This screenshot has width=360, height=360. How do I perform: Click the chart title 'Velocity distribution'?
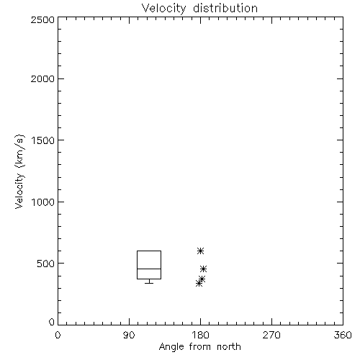coord(199,9)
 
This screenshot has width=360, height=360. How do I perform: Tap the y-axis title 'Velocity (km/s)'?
coord(19,171)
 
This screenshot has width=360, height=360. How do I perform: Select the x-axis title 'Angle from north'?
coord(199,347)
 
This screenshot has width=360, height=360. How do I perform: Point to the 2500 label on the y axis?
coord(42,19)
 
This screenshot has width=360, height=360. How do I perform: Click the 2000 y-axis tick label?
coord(42,78)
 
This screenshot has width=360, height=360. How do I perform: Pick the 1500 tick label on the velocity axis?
coord(43,140)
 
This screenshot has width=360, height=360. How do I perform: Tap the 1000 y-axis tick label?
coord(43,202)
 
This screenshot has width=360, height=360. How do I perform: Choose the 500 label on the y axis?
coord(46,264)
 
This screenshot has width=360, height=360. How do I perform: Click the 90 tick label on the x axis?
coord(129,335)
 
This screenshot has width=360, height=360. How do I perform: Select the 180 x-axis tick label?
coord(200,335)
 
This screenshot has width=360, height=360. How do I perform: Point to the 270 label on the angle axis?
coord(271,335)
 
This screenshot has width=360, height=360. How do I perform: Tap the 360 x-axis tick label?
coord(343,335)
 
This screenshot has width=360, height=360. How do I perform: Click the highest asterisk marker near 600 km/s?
coord(200,251)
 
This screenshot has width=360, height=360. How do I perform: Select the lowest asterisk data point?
coord(199,284)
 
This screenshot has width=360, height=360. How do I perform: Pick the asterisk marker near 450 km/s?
coord(203,269)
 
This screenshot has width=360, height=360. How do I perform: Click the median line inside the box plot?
coord(149,269)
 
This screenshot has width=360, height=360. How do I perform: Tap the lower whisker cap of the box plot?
coord(149,284)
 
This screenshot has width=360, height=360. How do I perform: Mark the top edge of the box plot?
coord(149,251)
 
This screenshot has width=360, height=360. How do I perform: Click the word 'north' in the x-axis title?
coord(229,347)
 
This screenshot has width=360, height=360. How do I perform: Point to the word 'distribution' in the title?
coord(225,9)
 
